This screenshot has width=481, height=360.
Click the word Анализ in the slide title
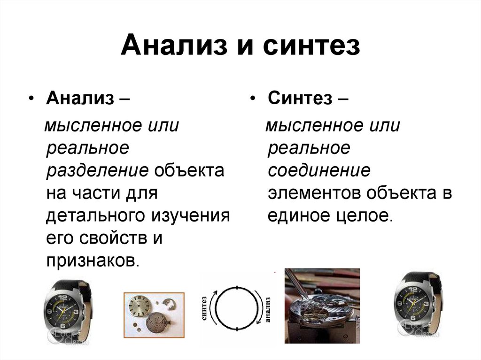point(174,46)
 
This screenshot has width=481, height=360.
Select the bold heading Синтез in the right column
point(300,98)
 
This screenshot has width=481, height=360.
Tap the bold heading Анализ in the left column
point(80,98)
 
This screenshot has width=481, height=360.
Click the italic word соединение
point(319,170)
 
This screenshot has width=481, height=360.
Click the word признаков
point(91,261)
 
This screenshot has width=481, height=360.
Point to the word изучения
point(191,216)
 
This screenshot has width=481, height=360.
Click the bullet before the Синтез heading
point(252,99)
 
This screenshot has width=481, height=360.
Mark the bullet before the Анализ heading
point(31,99)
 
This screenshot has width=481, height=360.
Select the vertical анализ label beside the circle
point(268,309)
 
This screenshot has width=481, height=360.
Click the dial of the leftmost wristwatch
point(63,310)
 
